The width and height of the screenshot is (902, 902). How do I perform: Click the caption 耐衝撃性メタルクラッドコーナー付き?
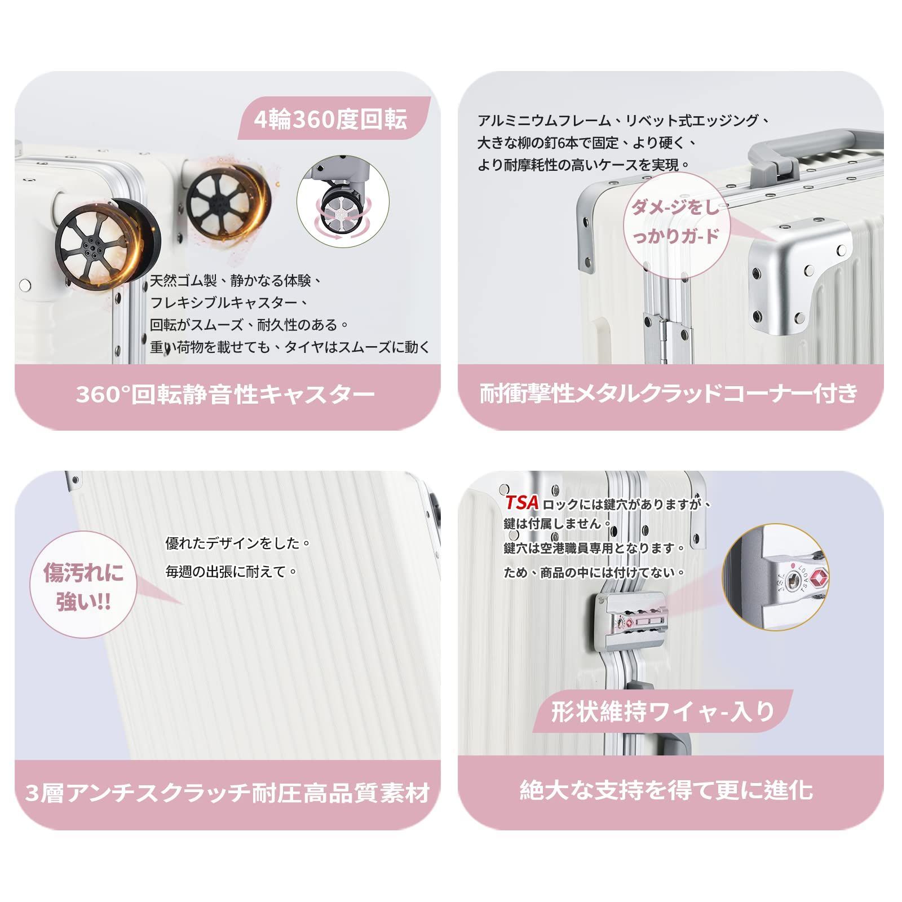coord(669,393)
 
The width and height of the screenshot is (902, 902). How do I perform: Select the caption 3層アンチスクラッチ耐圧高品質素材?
coord(228,793)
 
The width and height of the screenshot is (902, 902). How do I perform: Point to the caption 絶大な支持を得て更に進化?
coord(666,790)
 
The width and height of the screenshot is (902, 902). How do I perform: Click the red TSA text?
coord(521,502)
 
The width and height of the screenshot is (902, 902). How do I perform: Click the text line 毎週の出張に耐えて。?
coord(232,572)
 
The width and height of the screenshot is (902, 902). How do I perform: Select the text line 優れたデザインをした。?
coord(238,543)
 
